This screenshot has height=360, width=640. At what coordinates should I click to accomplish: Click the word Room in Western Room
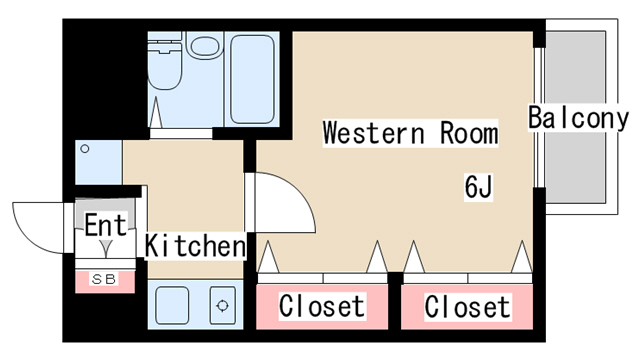click(x=466, y=133)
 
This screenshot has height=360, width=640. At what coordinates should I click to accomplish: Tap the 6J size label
click(x=478, y=186)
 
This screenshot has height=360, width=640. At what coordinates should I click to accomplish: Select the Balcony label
click(x=579, y=118)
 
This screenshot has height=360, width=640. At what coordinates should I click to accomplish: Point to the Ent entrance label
click(x=105, y=226)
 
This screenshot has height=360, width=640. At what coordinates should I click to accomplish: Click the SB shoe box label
click(x=103, y=279)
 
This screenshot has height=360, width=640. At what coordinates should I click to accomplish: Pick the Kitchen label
click(x=196, y=245)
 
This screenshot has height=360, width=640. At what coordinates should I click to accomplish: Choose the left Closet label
click(x=321, y=306)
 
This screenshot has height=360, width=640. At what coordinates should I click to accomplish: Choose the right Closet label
click(x=467, y=306)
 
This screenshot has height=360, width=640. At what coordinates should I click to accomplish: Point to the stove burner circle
click(x=222, y=306)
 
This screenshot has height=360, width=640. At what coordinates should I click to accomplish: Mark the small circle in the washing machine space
click(x=85, y=149)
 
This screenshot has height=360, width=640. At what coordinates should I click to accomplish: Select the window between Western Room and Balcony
click(x=538, y=118)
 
